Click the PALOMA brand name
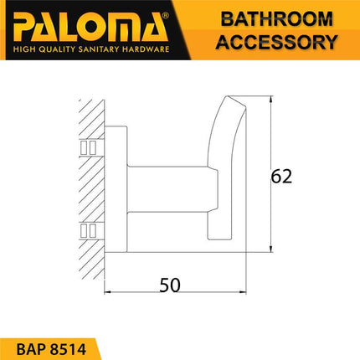[x=87, y=24]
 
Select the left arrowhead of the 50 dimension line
[x=108, y=292]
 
